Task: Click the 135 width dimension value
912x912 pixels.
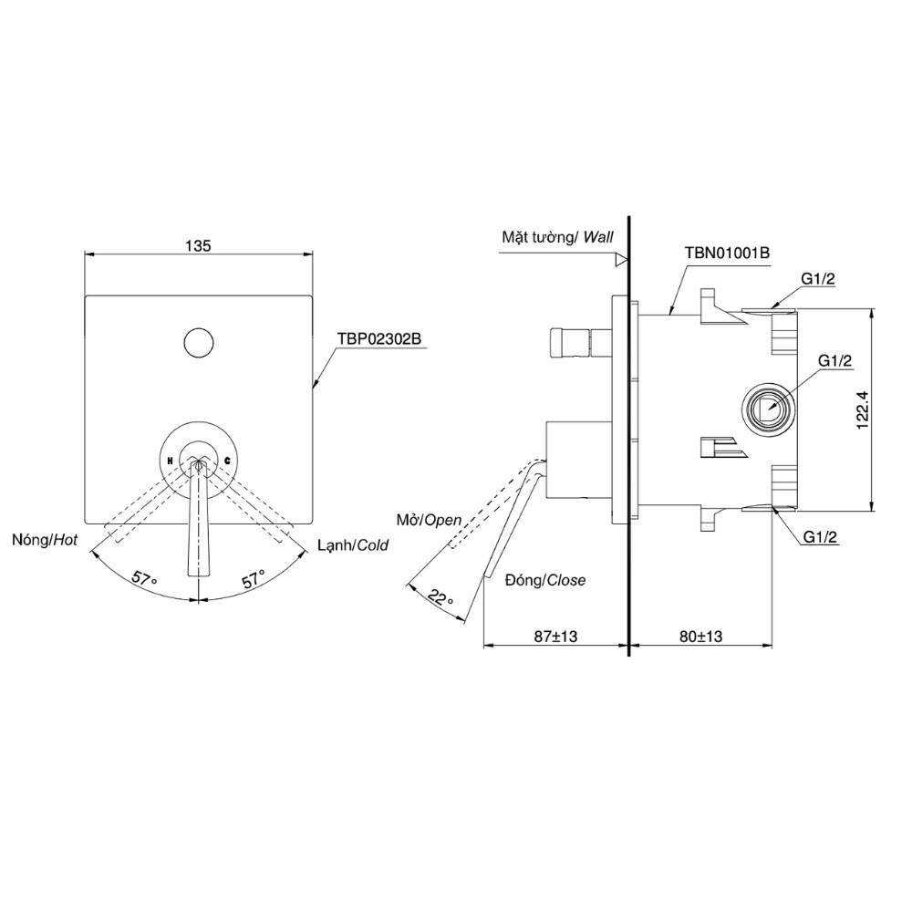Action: (198, 246)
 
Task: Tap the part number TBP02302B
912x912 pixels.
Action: (378, 338)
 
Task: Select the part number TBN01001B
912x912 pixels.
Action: (727, 253)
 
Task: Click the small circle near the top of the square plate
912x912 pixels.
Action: (198, 343)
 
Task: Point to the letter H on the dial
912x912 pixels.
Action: (170, 461)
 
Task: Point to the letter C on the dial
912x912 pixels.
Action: (227, 461)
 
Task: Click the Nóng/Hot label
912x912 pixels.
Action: (45, 540)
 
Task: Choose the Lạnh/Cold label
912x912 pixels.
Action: (353, 545)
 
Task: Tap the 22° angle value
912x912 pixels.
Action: (440, 597)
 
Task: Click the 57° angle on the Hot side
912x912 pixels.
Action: (144, 579)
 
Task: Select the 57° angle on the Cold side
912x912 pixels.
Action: (254, 579)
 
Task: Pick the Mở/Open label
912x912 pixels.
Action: (430, 520)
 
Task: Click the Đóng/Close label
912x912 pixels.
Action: (545, 580)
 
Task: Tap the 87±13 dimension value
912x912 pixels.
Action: (556, 637)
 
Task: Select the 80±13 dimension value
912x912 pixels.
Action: (700, 637)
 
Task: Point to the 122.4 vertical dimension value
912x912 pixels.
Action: (863, 409)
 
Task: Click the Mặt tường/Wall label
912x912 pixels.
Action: (558, 237)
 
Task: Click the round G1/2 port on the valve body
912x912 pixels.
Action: (768, 409)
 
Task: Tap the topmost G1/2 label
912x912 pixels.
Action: (818, 278)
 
